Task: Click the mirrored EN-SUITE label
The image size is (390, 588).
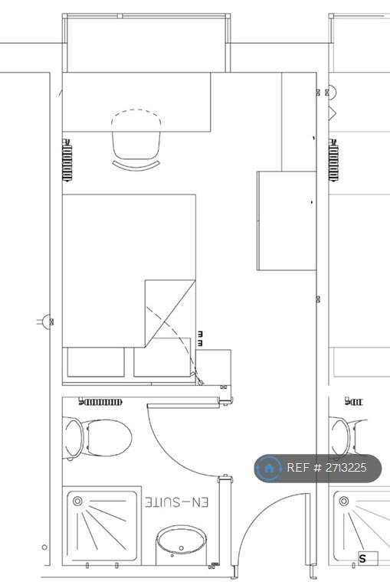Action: pos(177,502)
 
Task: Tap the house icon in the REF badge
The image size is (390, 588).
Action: pos(268,468)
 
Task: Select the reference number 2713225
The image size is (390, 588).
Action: pos(346,468)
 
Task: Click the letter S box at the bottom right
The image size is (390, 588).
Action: pos(368,558)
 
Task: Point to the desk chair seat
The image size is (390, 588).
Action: pos(136,145)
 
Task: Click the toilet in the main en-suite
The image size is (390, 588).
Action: pos(97,438)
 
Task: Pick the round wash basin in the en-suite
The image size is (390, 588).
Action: pos(181,543)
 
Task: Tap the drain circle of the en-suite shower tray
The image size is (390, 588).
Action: pos(77,501)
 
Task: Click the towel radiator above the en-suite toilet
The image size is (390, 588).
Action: pos(100,403)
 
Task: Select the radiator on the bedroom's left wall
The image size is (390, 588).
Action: pos(67,160)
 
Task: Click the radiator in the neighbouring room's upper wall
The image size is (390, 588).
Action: pos(333,160)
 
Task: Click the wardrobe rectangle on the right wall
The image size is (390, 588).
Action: pos(287,220)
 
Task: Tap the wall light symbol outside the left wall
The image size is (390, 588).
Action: pos(46,322)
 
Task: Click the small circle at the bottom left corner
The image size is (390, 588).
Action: pos(44,547)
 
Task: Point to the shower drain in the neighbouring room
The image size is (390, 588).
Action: pos(344,501)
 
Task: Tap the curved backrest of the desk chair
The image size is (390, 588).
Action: pos(136,165)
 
